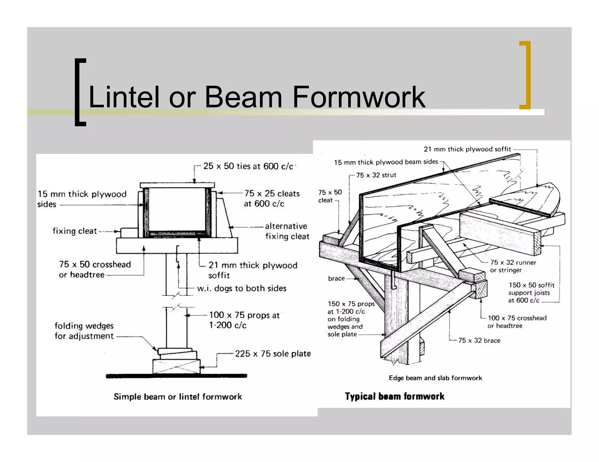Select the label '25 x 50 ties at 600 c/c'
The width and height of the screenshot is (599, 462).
click(248, 166)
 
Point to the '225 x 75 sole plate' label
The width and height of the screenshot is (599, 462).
click(273, 354)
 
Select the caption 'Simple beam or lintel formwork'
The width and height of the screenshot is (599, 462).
click(178, 397)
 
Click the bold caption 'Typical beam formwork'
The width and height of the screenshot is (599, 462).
click(394, 396)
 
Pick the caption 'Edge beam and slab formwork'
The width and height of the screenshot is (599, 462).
click(435, 378)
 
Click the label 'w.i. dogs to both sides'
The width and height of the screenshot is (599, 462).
click(242, 289)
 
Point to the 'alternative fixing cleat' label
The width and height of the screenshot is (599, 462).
click(287, 231)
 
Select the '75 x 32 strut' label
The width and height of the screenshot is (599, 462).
click(376, 175)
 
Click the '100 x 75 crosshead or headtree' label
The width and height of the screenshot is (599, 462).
click(517, 322)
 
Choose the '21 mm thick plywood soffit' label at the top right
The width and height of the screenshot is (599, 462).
click(467, 149)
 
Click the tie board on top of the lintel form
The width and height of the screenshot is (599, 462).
click(177, 185)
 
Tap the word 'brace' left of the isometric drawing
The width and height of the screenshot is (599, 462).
click(336, 278)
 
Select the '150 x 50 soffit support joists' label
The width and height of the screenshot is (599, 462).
click(531, 293)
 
